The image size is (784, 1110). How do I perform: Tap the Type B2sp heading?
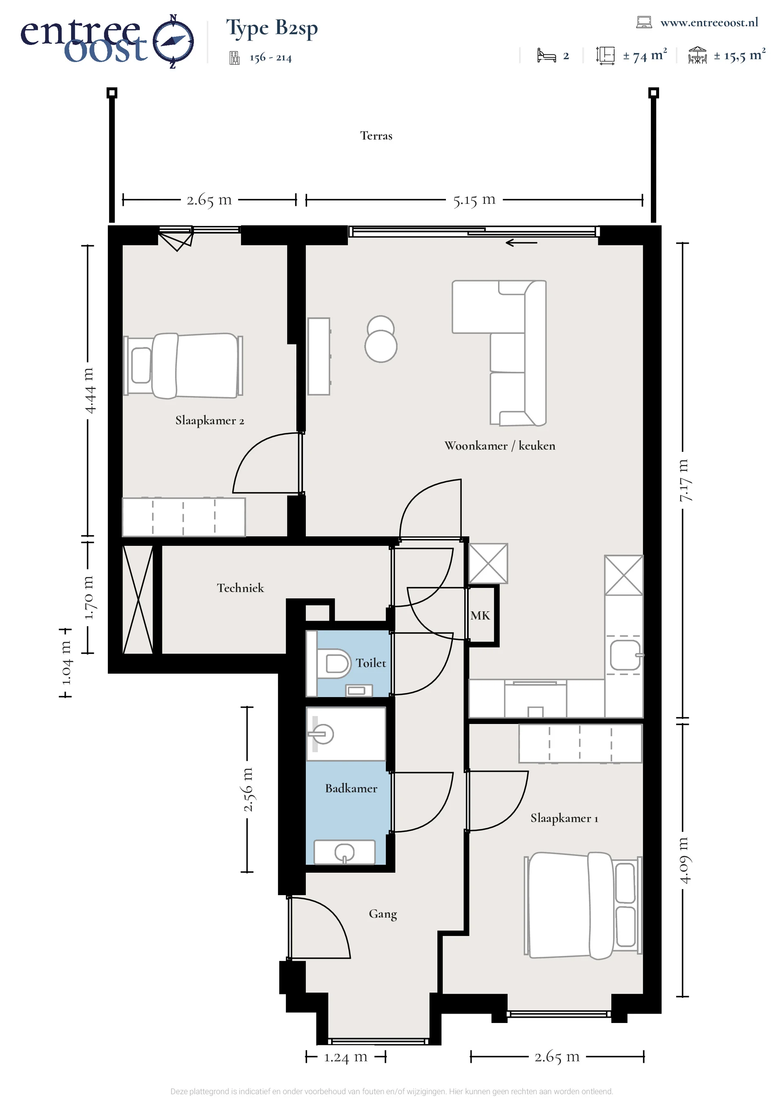click(x=272, y=29)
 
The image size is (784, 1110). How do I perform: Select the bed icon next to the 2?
click(x=546, y=56)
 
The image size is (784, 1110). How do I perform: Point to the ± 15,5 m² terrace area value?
click(x=739, y=56)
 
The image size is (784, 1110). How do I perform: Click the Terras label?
click(x=376, y=136)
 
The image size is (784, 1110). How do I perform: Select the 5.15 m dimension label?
click(x=474, y=200)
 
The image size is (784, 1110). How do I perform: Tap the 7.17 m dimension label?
click(x=686, y=480)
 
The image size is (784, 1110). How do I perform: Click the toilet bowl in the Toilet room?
click(x=337, y=663)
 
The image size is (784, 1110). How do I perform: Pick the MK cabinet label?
click(x=480, y=615)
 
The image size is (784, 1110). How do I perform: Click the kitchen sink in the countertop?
click(x=625, y=655)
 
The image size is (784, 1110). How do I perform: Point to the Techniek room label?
click(x=240, y=588)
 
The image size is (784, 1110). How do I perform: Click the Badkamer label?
click(x=351, y=788)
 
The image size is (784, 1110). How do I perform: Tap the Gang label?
click(x=383, y=914)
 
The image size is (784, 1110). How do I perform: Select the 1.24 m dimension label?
click(x=345, y=1057)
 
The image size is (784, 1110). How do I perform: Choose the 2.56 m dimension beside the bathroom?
click(x=247, y=789)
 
